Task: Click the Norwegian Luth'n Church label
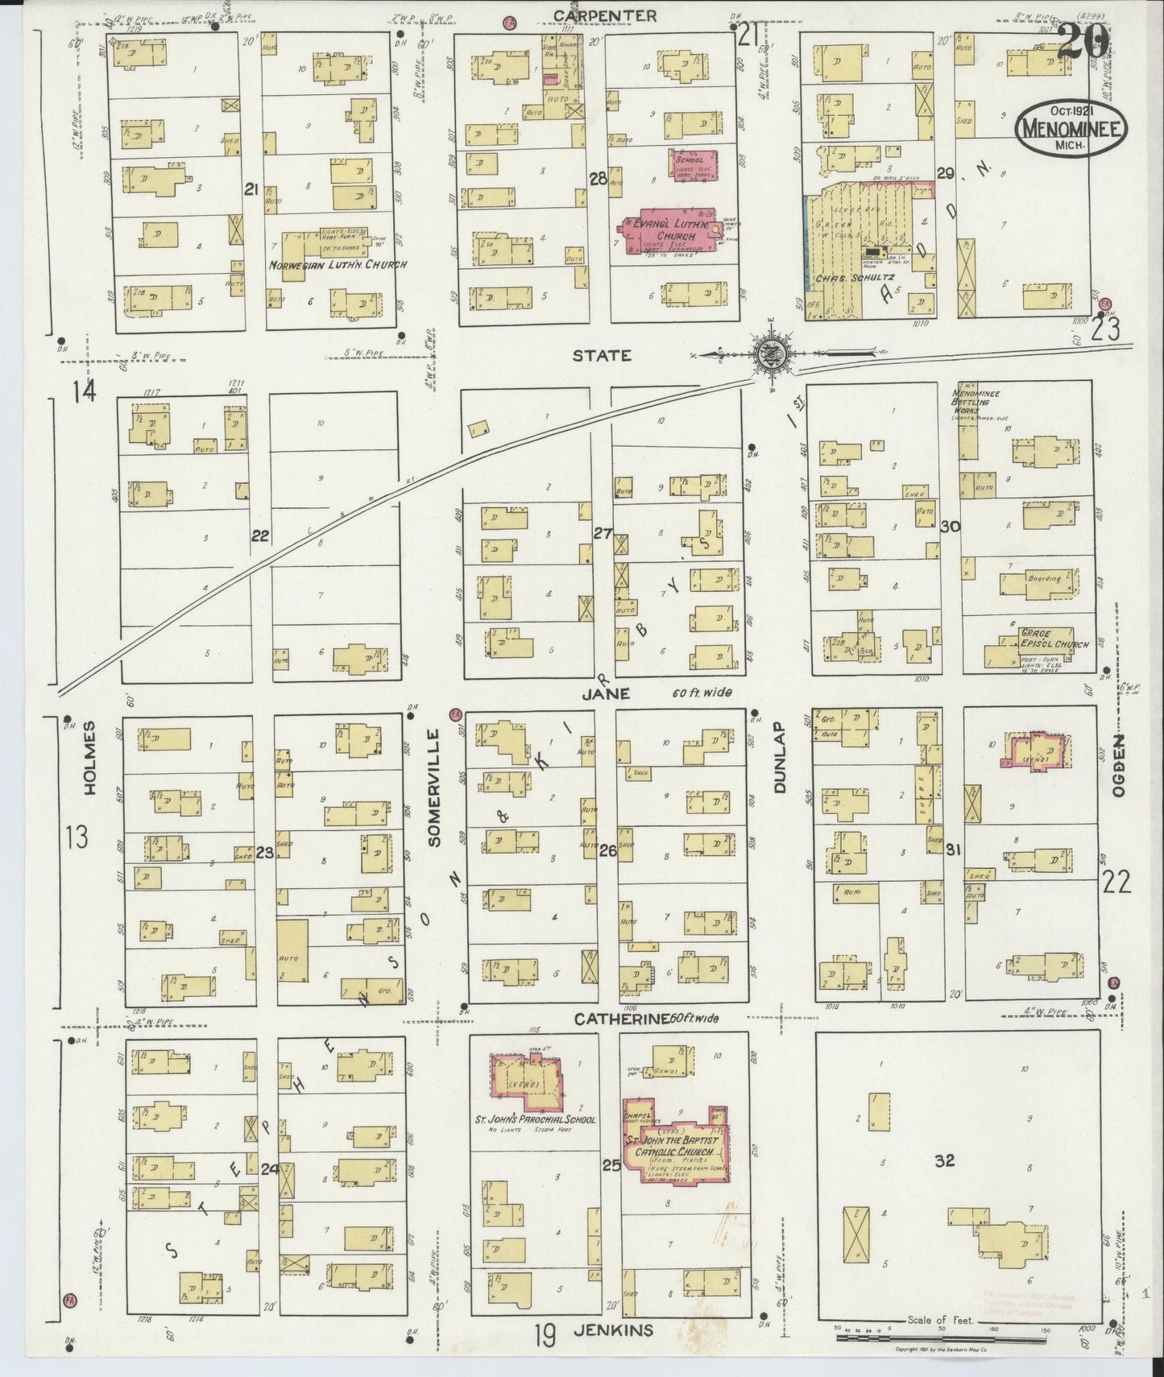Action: point(338,264)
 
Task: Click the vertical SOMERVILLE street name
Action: point(434,787)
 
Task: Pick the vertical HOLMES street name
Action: point(89,757)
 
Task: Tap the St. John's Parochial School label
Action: point(535,1119)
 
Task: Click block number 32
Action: point(944,1161)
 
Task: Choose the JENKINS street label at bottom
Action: point(614,1330)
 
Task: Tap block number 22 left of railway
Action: point(259,535)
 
